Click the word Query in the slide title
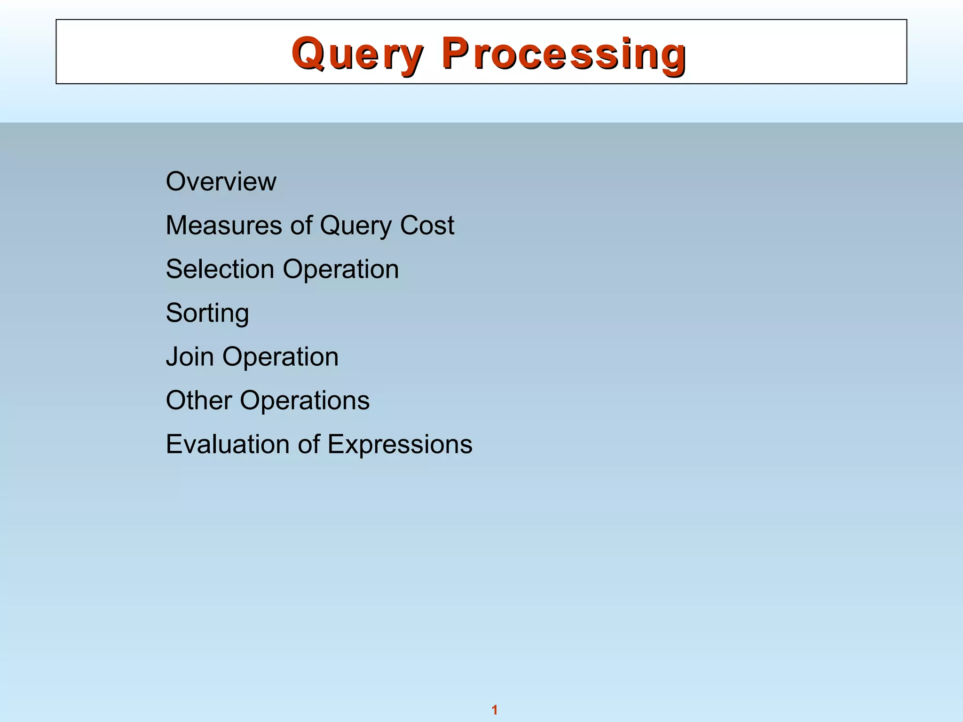pyautogui.click(x=357, y=54)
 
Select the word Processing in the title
pyautogui.click(x=564, y=54)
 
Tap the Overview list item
pyautogui.click(x=221, y=181)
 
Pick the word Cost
pyautogui.click(x=427, y=225)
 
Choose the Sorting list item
pyautogui.click(x=207, y=314)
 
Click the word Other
pyautogui.click(x=199, y=400)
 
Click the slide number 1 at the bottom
pyautogui.click(x=494, y=710)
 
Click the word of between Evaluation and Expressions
pyautogui.click(x=309, y=444)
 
